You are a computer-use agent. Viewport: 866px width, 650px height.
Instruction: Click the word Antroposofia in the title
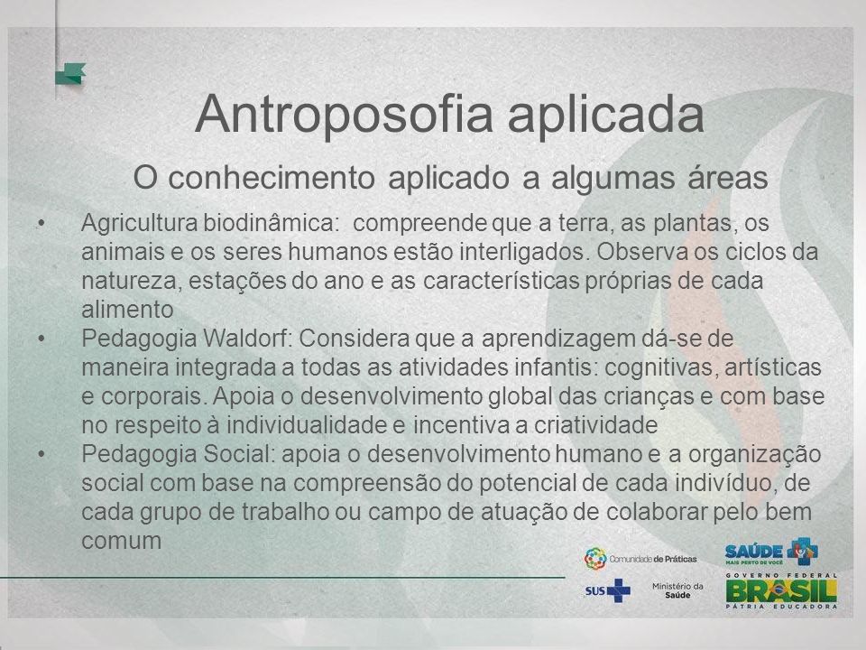pos(344,115)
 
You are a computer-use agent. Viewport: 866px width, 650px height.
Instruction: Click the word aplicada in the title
pos(606,115)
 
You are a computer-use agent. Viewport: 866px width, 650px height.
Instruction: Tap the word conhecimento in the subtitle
pos(272,178)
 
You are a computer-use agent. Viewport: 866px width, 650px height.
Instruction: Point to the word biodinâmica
pos(270,223)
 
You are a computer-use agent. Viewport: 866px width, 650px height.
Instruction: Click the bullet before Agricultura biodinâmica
pos(41,223)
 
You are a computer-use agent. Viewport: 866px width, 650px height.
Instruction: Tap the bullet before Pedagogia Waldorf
pos(41,339)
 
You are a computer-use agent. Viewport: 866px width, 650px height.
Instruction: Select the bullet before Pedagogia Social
pos(41,454)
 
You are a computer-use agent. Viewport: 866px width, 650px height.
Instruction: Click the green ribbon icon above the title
pos(70,74)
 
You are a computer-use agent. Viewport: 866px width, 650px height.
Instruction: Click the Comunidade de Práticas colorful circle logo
pos(595,559)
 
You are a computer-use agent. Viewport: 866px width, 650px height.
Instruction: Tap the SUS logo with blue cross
pos(607,590)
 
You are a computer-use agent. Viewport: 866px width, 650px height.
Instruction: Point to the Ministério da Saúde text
pos(677,590)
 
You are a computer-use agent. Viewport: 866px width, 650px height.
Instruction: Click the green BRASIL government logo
pos(781,590)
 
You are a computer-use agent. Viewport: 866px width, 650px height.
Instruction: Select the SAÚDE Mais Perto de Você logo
pos(771,552)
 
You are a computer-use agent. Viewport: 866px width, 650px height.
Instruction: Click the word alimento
pos(127,310)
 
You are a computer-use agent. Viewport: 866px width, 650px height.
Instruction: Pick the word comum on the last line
pos(122,542)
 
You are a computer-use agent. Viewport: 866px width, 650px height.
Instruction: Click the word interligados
pos(522,252)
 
